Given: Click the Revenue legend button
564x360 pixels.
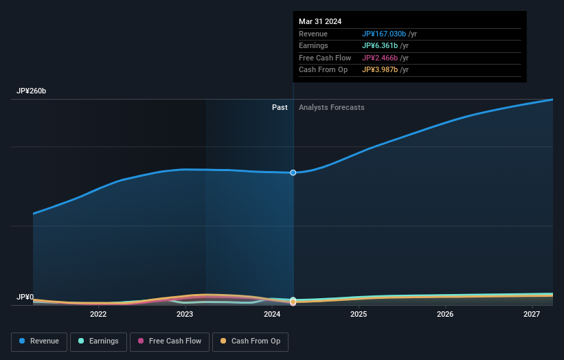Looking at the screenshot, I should pos(39,341).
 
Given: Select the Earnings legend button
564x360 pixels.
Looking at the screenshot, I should pos(98,341).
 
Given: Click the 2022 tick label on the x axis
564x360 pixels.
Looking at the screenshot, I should pos(98,314).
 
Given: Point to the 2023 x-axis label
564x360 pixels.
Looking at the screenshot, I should pos(185,314).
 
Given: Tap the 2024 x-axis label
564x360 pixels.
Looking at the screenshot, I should pos(271,314).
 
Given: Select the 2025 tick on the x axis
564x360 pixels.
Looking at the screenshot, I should pos(358,314).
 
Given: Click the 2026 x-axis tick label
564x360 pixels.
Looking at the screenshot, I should pos(445,314).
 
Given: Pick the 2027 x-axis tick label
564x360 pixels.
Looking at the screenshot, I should pos(532,314).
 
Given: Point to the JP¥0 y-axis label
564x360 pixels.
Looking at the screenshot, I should pos(25,297).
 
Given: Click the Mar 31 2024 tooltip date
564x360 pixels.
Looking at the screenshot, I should pos(320,22).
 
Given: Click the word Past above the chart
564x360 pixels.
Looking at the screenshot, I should pos(280,107).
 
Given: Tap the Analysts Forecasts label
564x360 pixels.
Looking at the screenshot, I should pos(331,107).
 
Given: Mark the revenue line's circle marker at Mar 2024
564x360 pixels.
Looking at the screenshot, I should pos(293,172).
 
